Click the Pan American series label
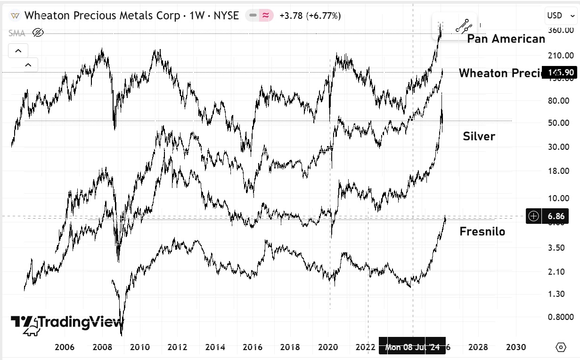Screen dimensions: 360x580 pyautogui.click(x=506, y=39)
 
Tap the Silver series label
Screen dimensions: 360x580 pyautogui.click(x=479, y=136)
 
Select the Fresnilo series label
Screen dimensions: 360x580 pyautogui.click(x=482, y=231)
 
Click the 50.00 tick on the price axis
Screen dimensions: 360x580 pyautogui.click(x=557, y=123)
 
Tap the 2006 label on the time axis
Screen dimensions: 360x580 pyautogui.click(x=65, y=347)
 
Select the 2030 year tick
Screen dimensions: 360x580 pyautogui.click(x=515, y=347)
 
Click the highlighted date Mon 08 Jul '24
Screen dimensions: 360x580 pyautogui.click(x=412, y=347)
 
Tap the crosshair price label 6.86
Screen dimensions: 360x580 pyautogui.click(x=553, y=216)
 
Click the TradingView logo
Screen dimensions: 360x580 pyautogui.click(x=67, y=323)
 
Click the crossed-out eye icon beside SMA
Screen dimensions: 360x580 pyautogui.click(x=38, y=33)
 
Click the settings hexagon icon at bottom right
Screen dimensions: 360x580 pyautogui.click(x=561, y=347)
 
